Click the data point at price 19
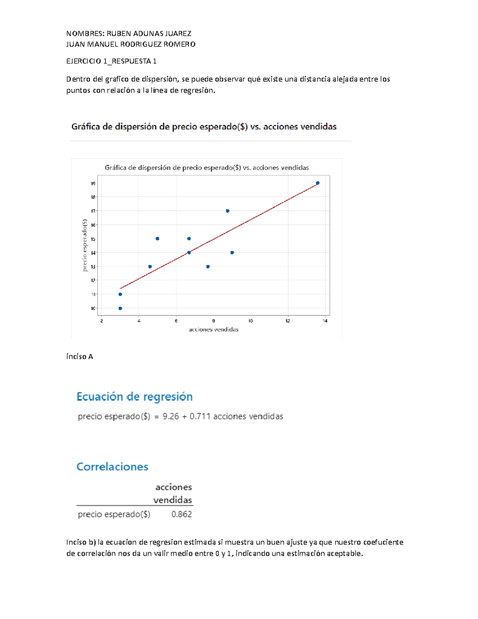317,183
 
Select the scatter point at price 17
227,211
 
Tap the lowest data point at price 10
120,308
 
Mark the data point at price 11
120,294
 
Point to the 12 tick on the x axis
288,321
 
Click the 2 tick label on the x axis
102,321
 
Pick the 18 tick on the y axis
93,197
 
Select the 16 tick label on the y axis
93,225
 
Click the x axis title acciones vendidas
214,330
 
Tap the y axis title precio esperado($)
84,245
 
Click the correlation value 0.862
182,514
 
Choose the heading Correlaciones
112,467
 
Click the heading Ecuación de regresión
135,397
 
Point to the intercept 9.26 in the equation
171,417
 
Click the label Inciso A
80,356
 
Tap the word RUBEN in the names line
118,33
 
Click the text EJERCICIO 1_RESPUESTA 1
112,61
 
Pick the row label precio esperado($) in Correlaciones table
114,514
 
